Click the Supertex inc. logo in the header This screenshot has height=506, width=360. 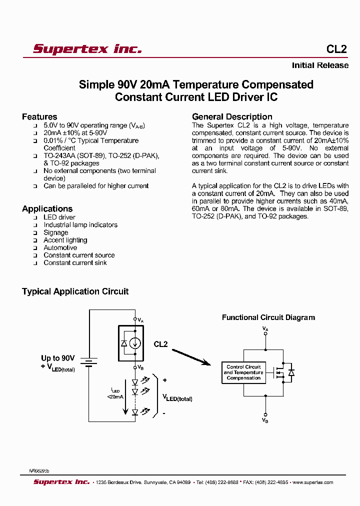point(87,49)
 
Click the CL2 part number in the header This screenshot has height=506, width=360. point(336,49)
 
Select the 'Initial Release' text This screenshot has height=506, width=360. point(320,65)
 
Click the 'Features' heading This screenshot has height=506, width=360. point(39,116)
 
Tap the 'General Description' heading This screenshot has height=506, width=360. point(232,116)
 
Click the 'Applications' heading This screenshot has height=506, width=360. point(47,208)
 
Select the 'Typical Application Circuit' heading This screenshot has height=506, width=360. point(75,291)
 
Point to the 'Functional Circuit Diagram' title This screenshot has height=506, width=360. point(268,317)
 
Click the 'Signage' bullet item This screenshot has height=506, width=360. point(55,232)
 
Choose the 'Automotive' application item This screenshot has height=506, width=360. point(60,247)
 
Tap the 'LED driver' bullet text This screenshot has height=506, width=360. point(59,217)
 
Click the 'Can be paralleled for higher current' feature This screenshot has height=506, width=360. point(96,186)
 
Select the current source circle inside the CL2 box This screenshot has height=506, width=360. point(134,343)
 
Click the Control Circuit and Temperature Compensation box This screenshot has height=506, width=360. point(243,373)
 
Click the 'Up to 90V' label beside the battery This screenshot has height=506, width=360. point(58,358)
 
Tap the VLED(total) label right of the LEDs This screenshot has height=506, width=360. point(177,398)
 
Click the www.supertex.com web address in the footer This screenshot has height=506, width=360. point(313,482)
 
